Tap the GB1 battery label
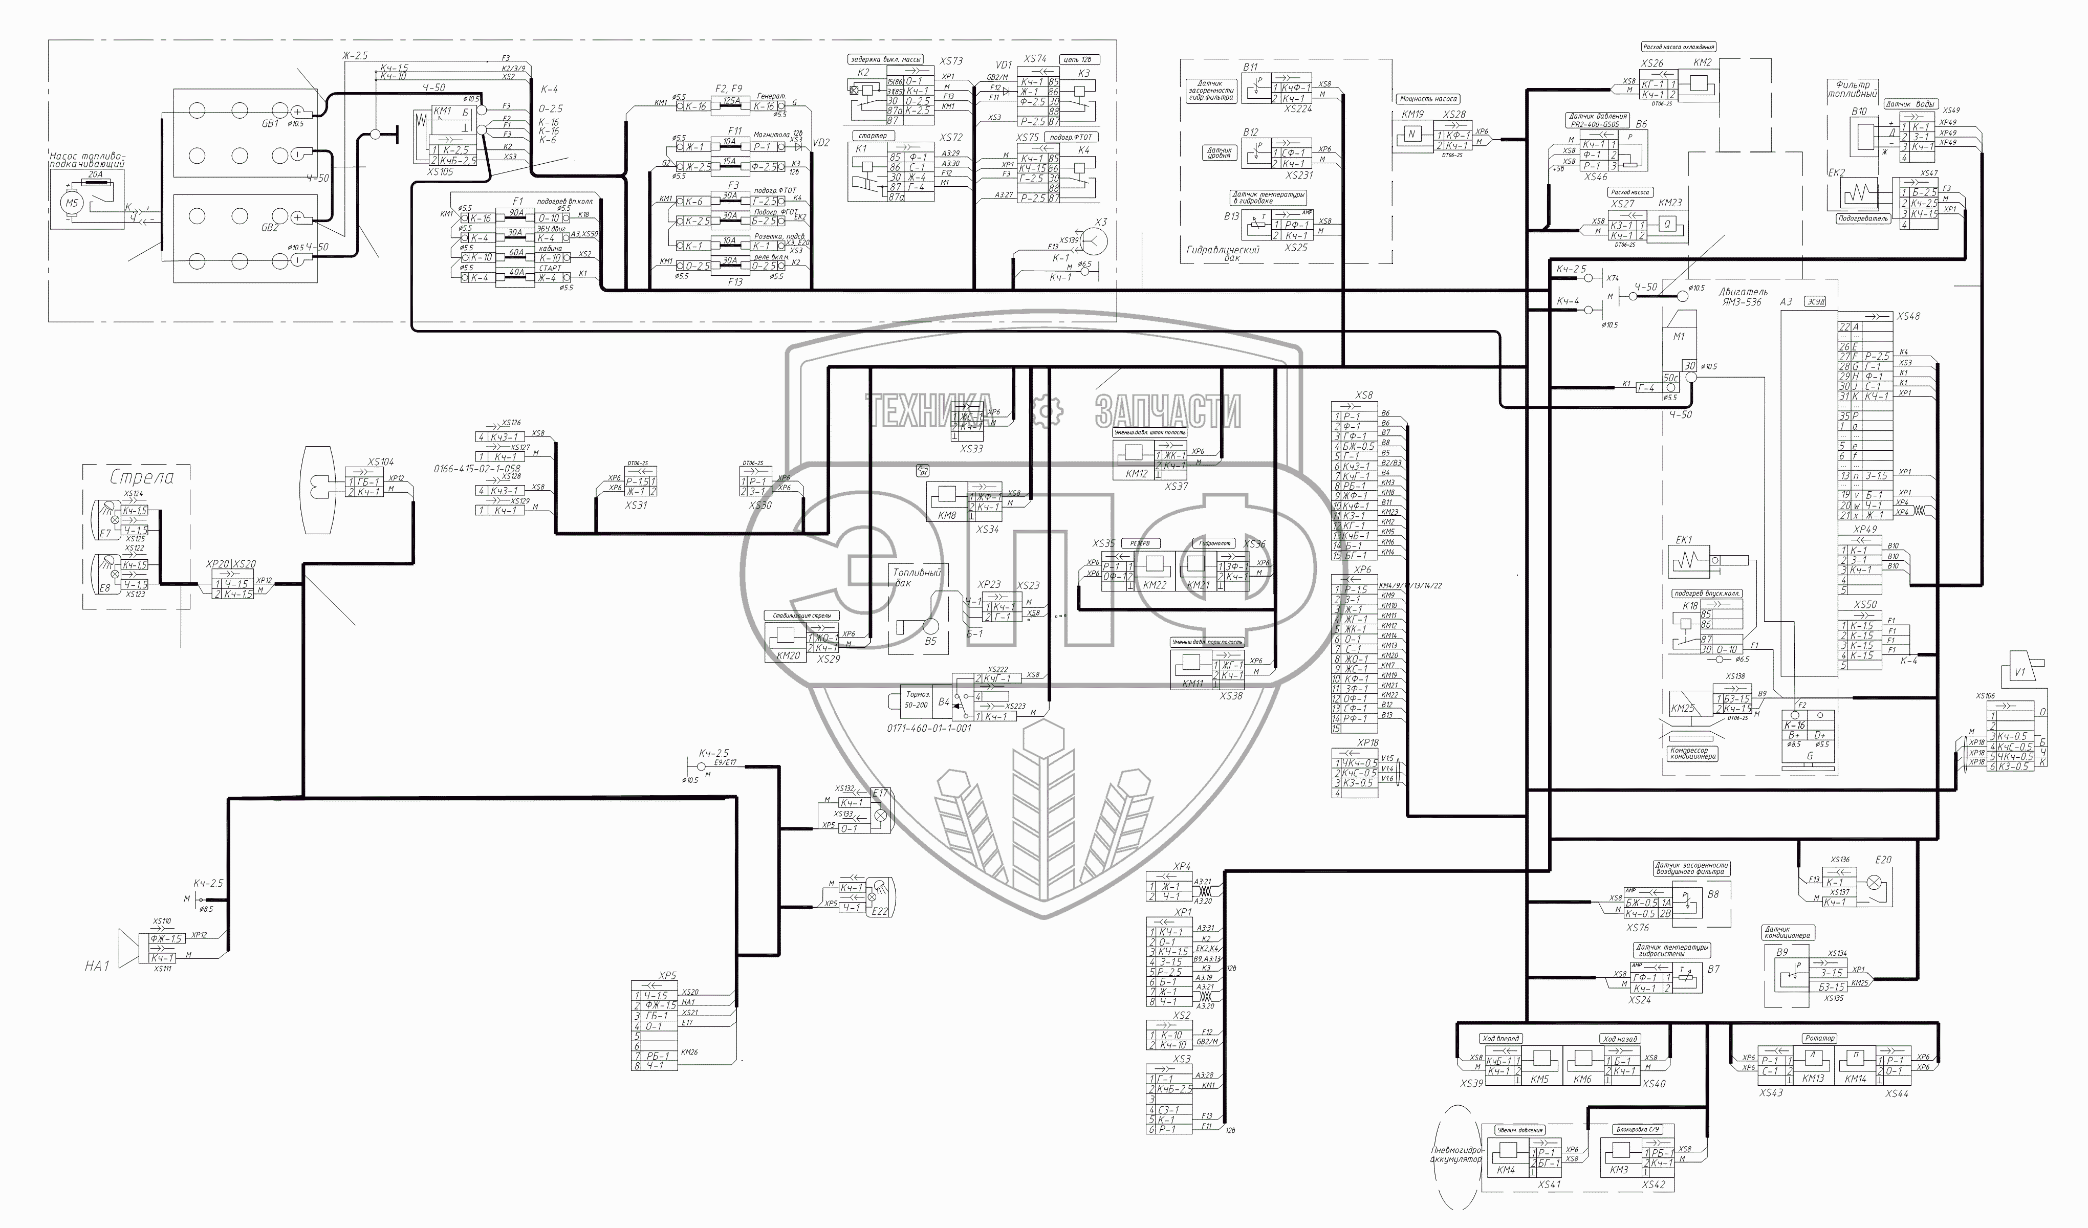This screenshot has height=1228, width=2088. (271, 123)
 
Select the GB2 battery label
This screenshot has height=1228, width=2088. (271, 227)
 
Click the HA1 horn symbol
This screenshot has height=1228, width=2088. (127, 948)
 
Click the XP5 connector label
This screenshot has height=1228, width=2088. (668, 975)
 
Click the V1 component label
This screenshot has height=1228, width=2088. (2019, 672)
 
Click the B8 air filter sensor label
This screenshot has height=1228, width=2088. (1713, 894)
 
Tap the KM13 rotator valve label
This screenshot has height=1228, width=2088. (1813, 1079)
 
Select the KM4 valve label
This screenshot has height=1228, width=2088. (1506, 1171)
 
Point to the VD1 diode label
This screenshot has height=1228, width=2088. (1004, 64)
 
